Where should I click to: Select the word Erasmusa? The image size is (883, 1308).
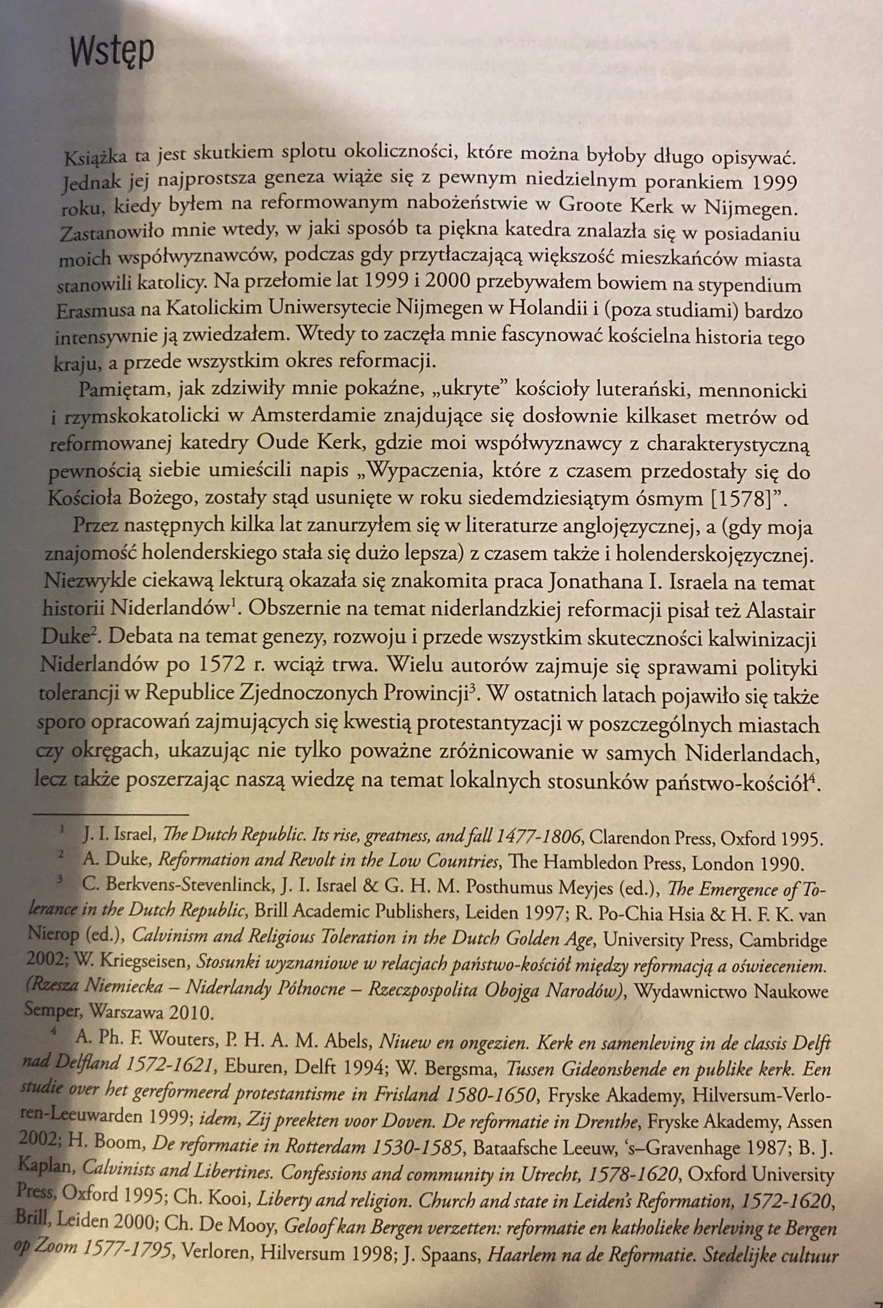(89, 311)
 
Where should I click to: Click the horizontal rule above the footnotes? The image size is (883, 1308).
(112, 814)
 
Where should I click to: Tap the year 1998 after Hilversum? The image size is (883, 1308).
(364, 1254)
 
